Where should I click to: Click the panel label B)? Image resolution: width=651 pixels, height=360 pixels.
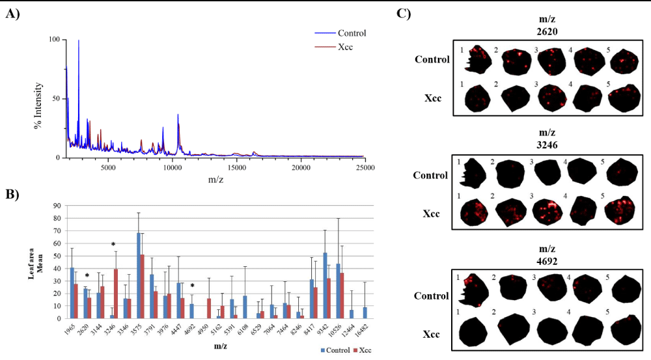(13, 193)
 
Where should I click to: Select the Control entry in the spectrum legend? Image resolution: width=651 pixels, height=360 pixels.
(352, 33)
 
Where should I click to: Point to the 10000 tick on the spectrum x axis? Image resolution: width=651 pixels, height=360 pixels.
(173, 167)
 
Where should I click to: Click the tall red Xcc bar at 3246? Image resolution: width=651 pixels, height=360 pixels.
(116, 294)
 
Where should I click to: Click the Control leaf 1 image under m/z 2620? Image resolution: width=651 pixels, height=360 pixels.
(474, 61)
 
